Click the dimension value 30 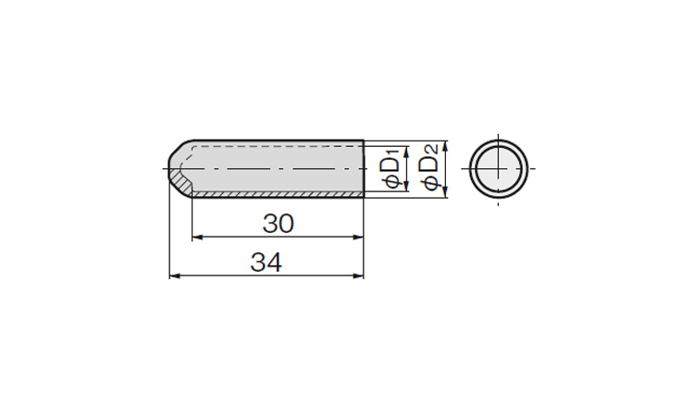click(278, 223)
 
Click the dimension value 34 click(266, 263)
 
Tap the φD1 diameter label click(393, 168)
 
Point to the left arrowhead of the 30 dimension click(197, 238)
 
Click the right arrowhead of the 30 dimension click(358, 238)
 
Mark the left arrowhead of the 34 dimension click(175, 275)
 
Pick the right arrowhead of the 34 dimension click(358, 275)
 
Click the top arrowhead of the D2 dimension click(445, 146)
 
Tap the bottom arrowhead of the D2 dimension click(445, 192)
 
